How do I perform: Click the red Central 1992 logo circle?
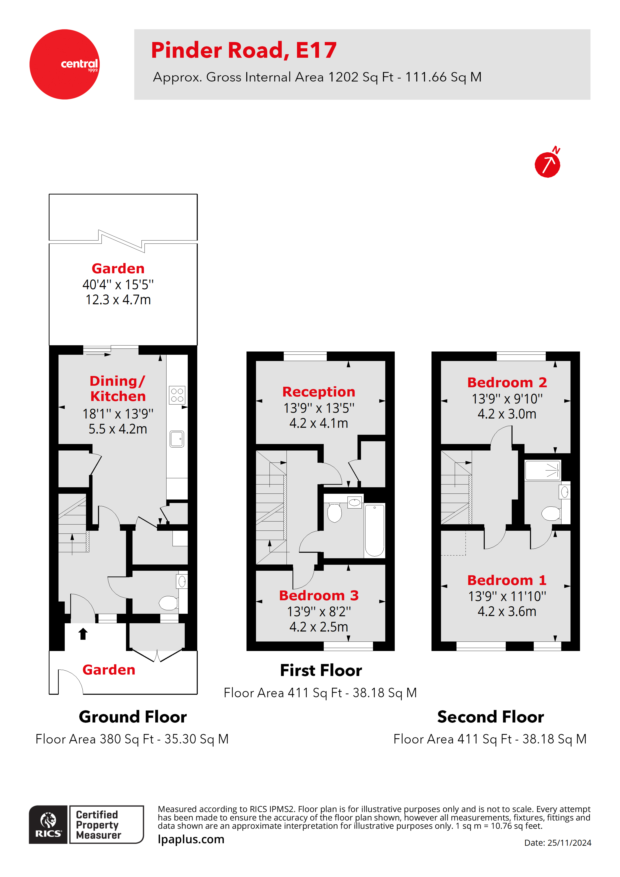[64, 64]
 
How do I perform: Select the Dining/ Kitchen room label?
[118, 388]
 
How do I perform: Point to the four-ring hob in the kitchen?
[177, 395]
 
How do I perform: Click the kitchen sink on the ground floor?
[177, 439]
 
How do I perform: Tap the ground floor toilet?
[168, 603]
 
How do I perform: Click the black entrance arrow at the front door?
[83, 634]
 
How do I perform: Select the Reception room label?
[318, 392]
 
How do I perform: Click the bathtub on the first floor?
[374, 530]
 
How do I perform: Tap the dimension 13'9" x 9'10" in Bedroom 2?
[507, 399]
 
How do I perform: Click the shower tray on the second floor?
[542, 470]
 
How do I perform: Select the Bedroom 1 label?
[507, 580]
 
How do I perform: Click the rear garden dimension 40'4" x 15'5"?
[118, 284]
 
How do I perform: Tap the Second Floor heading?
[490, 717]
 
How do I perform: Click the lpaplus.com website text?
[191, 839]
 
